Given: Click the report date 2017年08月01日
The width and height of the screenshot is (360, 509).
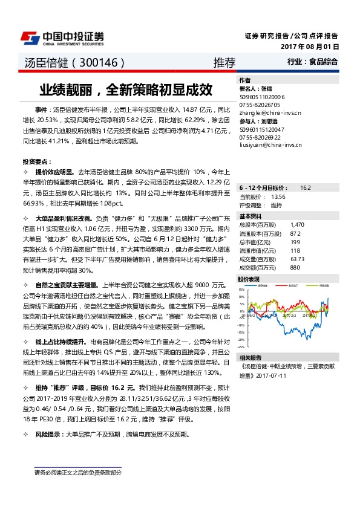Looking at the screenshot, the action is pos(309,47).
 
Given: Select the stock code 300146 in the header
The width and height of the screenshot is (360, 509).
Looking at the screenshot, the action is pos(99,62).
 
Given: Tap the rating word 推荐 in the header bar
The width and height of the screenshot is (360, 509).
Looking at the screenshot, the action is pos(224,62).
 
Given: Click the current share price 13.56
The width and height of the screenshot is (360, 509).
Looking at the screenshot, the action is pos(278,197).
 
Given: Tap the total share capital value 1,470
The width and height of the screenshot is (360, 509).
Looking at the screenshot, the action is pos(296,224).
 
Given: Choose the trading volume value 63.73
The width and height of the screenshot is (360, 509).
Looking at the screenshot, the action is pos(297,259).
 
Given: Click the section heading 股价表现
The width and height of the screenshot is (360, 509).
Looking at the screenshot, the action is pos(249,279).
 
